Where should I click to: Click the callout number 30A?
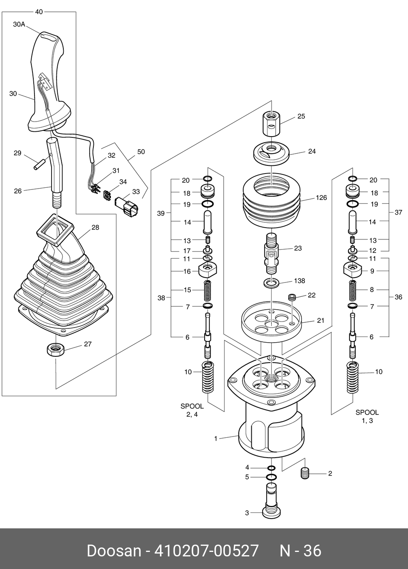[x=19, y=24]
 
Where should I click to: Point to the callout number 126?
[x=321, y=198]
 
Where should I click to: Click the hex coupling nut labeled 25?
[x=271, y=124]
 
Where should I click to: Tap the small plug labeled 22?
[x=291, y=298]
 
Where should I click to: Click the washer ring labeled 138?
[x=271, y=283]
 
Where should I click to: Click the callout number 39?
[x=161, y=213]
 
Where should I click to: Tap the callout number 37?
[x=398, y=212]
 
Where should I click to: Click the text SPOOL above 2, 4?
[x=192, y=406]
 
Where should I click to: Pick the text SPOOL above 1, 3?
[x=367, y=412]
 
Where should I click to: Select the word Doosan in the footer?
[x=112, y=551]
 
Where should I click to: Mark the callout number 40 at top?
[x=39, y=12]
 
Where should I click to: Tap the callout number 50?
[x=141, y=152]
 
